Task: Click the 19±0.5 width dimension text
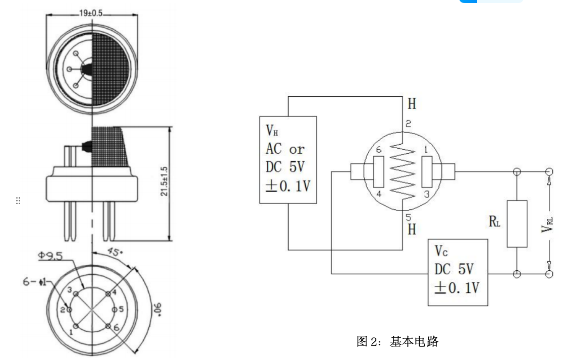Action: point(91,13)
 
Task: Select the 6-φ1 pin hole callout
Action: point(34,282)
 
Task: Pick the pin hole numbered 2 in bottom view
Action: point(69,309)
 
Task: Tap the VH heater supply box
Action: point(288,160)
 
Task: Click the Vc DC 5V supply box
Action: point(458,272)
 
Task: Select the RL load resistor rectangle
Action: point(517,223)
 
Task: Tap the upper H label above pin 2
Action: point(412,104)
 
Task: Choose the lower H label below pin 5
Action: point(412,229)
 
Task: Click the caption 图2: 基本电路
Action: point(398,342)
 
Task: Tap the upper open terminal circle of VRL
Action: point(549,171)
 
